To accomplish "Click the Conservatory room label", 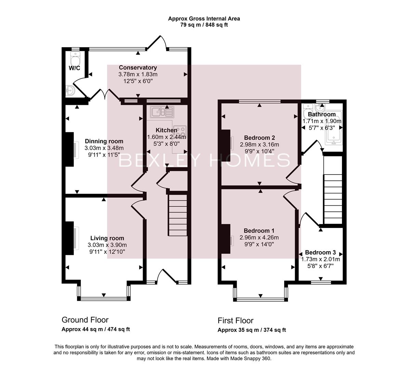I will pyautogui.click(x=138, y=68).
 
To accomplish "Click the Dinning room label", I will pyautogui.click(x=104, y=141).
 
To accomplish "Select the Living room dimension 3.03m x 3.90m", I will pyautogui.click(x=107, y=245).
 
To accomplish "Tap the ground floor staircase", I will pyautogui.click(x=177, y=215).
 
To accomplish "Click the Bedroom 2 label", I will pyautogui.click(x=259, y=138).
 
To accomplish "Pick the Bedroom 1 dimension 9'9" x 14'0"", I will pyautogui.click(x=259, y=244).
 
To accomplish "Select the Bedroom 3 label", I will pyautogui.click(x=320, y=252).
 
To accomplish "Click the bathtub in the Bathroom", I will pyautogui.click(x=333, y=137).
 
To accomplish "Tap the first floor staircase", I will pyautogui.click(x=333, y=198).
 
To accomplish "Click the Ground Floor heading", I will pyautogui.click(x=85, y=320).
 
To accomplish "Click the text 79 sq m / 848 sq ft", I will pyautogui.click(x=204, y=25).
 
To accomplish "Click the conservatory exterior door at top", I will pyautogui.click(x=157, y=43).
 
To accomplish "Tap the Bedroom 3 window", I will pyautogui.click(x=321, y=283).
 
